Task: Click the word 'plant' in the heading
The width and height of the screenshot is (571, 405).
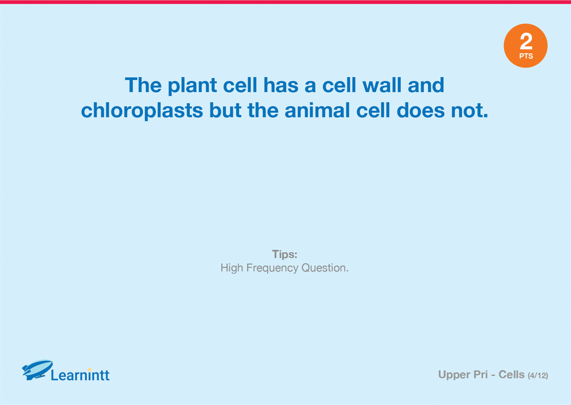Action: coord(192,86)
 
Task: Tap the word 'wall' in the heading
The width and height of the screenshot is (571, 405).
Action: coord(382,85)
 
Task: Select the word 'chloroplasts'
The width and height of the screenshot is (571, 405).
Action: coord(142,111)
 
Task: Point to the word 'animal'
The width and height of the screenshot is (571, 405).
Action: coord(317,110)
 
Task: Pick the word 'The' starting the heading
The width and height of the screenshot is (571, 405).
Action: coord(143,85)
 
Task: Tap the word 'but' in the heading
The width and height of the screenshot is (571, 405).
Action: coord(225,110)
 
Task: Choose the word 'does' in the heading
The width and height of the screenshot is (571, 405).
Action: coord(421,110)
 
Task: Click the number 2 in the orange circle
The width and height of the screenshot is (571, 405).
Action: coord(526,41)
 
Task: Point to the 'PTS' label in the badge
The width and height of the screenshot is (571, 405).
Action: coord(526,56)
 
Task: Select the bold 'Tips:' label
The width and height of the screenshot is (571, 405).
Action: coord(285,254)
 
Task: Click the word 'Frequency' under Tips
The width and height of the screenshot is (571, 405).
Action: coord(272,268)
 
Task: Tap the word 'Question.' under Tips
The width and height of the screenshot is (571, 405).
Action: coord(325,268)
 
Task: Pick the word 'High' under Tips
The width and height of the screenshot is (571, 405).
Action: coord(232,268)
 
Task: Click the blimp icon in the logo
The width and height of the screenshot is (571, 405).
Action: coord(37,370)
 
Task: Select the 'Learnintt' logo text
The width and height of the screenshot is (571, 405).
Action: coord(80,375)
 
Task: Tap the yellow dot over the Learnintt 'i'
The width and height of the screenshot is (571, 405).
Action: coord(90,369)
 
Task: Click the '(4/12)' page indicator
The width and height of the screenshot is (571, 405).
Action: coord(538,376)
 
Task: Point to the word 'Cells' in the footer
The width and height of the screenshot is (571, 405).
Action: coord(512,375)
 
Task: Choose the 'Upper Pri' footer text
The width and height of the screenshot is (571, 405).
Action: coord(463,375)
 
